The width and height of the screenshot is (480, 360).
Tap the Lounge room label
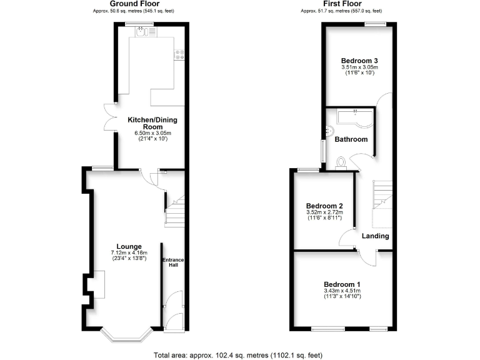128,246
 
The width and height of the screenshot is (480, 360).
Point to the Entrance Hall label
172,262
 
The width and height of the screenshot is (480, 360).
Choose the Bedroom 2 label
324,206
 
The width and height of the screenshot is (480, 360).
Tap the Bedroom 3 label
359,60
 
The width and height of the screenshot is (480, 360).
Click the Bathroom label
351,139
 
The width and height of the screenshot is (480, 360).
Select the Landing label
375,236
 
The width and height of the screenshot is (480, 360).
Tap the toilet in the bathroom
341,162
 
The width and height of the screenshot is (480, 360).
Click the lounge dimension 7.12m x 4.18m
128,253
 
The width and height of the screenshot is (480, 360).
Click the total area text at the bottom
238,355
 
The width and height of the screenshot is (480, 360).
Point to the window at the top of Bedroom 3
375,24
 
